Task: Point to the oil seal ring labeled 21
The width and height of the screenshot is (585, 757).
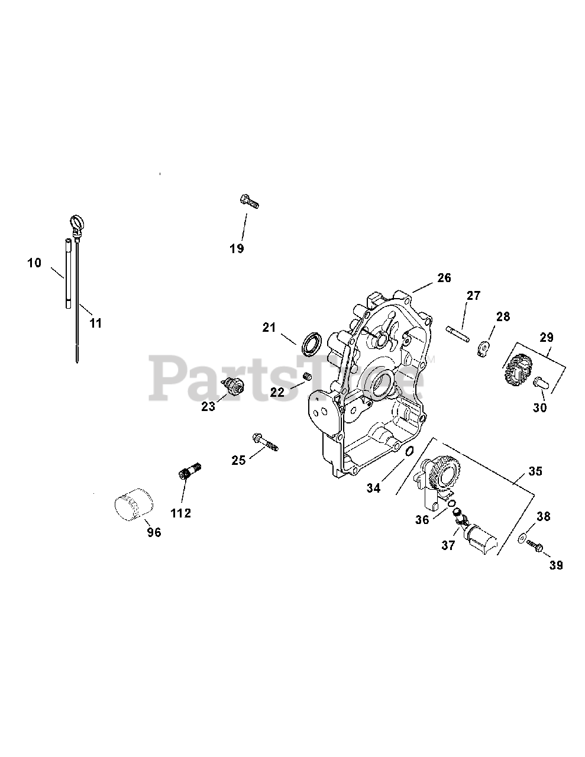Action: (x=312, y=345)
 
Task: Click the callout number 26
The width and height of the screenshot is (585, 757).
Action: (x=444, y=277)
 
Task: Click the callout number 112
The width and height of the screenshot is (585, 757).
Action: (x=180, y=513)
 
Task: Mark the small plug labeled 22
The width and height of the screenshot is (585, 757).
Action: (x=308, y=377)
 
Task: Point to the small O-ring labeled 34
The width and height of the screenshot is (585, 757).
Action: (x=408, y=453)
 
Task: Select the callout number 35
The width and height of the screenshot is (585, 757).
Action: (x=535, y=472)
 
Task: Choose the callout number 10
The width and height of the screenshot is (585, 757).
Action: (x=35, y=262)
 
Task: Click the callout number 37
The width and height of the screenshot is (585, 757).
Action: (x=448, y=545)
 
